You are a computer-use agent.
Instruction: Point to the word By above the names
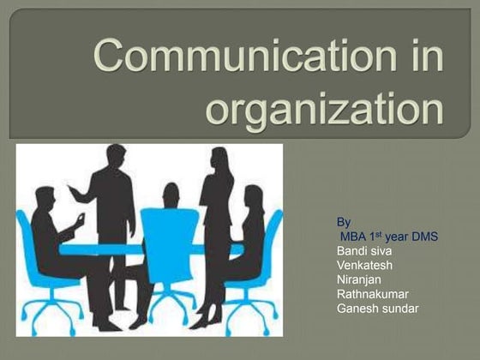[345, 220]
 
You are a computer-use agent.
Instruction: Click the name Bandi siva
[367, 250]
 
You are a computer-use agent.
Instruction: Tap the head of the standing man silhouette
[114, 155]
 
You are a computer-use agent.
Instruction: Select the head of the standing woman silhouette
[219, 158]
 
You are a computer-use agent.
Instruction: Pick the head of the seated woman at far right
[254, 195]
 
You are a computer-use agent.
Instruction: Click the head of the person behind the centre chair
[171, 193]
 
